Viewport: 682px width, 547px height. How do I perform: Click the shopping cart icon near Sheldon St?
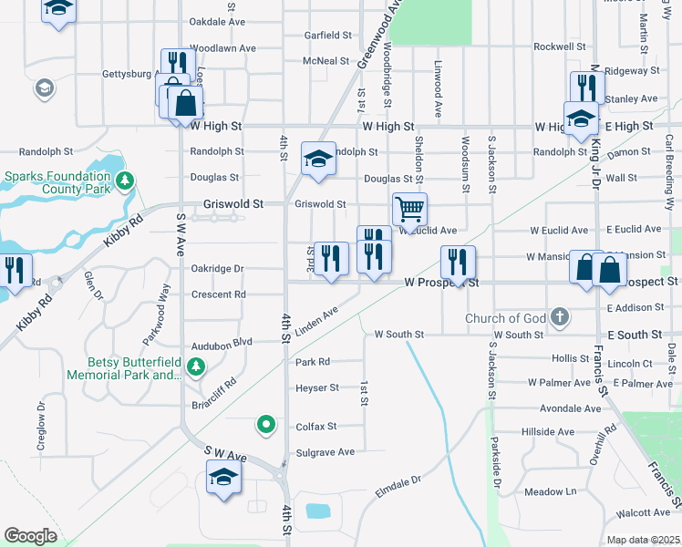coord(409,209)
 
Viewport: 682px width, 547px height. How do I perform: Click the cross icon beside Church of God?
coord(560,318)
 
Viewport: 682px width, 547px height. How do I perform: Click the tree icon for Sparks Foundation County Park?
coord(125,182)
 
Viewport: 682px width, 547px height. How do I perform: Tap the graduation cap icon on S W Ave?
coord(222,477)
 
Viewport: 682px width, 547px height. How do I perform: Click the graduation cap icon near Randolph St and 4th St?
coord(317,159)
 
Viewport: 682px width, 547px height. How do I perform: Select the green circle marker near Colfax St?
coord(266,424)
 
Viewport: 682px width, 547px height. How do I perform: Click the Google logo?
coord(31,536)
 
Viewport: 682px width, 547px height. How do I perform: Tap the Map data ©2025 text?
coord(643,540)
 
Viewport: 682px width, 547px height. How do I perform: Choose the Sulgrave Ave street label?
coord(325,452)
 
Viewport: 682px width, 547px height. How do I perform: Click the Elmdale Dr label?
coord(398,480)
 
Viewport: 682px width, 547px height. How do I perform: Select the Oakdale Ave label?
coord(217,21)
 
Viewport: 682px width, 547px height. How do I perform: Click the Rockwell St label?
coord(559,46)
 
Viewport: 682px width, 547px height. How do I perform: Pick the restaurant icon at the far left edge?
coord(15,270)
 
